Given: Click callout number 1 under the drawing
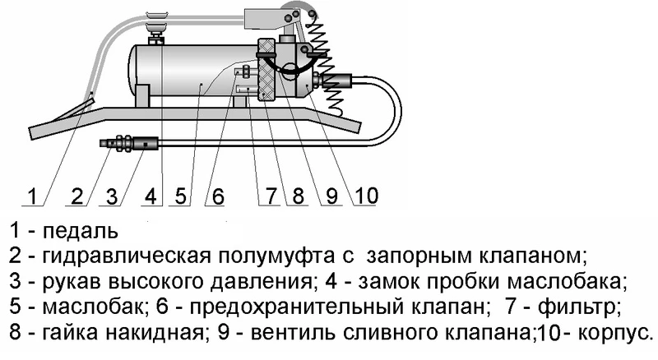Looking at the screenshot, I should [31, 196].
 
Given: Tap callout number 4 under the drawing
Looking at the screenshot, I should [150, 196].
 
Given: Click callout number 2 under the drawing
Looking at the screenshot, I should [78, 196].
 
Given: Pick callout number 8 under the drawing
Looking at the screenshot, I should [298, 196].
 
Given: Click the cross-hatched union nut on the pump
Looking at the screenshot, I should [267, 70].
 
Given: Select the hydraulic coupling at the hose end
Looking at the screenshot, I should [125, 143].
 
